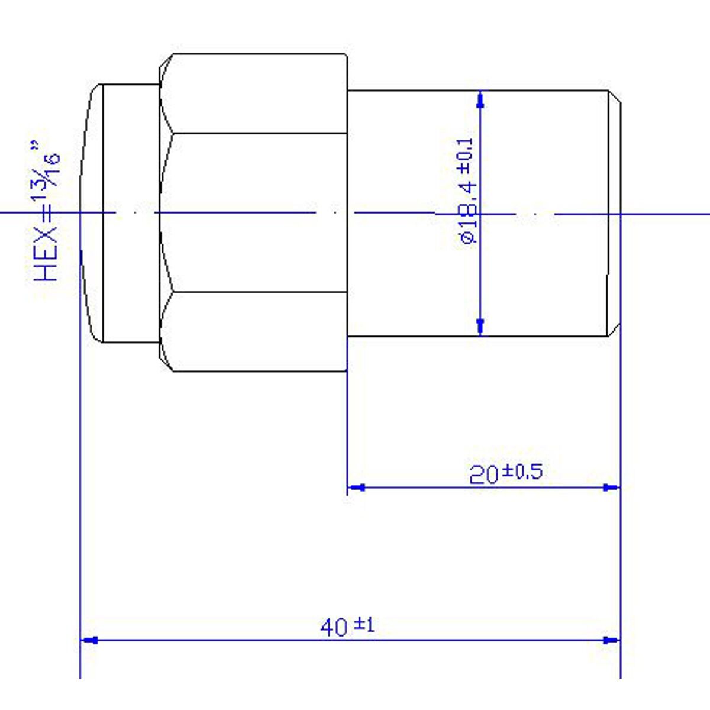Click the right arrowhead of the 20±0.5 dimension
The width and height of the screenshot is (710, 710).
click(611, 488)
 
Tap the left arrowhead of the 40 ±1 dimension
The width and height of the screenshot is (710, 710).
click(89, 640)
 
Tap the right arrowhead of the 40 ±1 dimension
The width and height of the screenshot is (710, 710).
click(611, 640)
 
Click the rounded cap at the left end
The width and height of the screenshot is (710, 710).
click(92, 213)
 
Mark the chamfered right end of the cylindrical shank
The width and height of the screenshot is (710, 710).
click(615, 213)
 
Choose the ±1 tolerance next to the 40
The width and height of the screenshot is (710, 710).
click(364, 624)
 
